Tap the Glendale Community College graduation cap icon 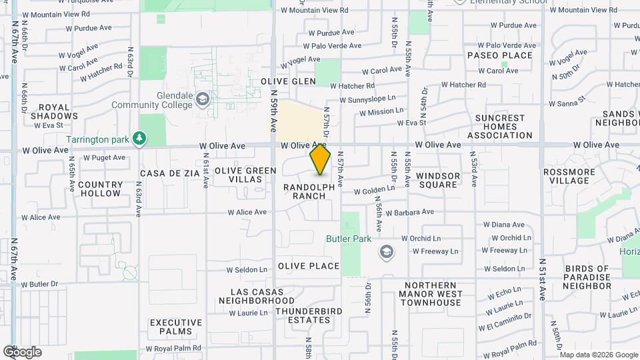pyautogui.click(x=202, y=100)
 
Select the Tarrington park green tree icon pyautogui.click(x=139, y=139)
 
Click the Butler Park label pyautogui.click(x=349, y=239)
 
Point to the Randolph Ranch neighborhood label pyautogui.click(x=309, y=192)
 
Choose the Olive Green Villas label pyautogui.click(x=245, y=175)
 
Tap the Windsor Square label pyautogui.click(x=438, y=180)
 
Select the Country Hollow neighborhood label pyautogui.click(x=100, y=189)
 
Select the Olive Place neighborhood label pyautogui.click(x=309, y=266)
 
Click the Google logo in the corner pyautogui.click(x=22, y=352)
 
